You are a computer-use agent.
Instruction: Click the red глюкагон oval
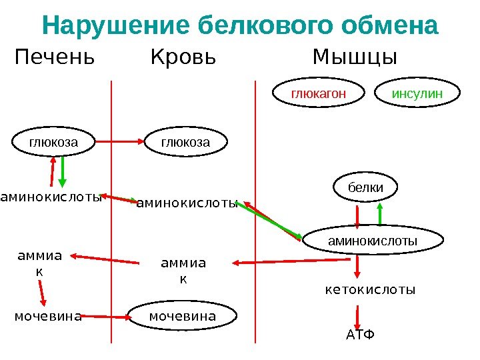point(319,95)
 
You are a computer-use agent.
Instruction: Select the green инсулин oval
point(417,95)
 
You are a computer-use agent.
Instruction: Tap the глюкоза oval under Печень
point(53,143)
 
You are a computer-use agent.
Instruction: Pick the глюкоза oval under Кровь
point(186,143)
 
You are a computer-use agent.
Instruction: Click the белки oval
point(366,188)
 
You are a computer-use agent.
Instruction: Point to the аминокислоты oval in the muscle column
point(373,241)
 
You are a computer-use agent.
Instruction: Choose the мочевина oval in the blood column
point(182,316)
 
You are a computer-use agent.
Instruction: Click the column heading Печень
point(55,58)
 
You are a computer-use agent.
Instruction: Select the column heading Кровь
point(184,58)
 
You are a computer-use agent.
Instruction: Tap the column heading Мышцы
point(355,59)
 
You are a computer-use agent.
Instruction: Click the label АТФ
point(361,333)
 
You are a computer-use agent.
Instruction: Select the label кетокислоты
point(370,291)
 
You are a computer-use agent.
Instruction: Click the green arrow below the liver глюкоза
point(62,171)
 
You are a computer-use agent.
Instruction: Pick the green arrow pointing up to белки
point(380,215)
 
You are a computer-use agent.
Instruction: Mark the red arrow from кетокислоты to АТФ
point(359,315)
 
